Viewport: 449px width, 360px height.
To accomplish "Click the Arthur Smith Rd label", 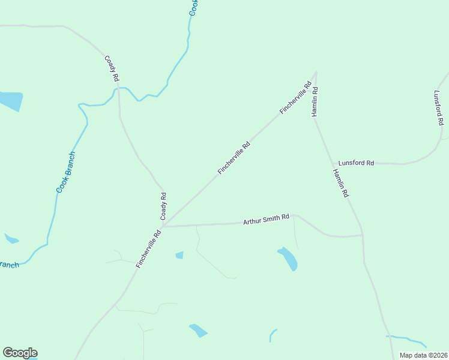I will [266, 220].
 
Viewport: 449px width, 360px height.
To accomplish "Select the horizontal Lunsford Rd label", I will [356, 163].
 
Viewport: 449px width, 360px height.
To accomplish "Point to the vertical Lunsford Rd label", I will [438, 108].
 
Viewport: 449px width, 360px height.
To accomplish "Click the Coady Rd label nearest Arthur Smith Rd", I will [163, 205].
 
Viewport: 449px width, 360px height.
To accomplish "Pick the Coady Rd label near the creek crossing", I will [112, 69].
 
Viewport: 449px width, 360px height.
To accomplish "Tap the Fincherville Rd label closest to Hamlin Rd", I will [297, 98].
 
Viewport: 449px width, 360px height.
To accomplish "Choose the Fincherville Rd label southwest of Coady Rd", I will [148, 248].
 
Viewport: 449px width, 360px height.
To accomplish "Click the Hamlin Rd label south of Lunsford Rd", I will [340, 184].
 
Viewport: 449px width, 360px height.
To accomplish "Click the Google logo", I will [20, 353].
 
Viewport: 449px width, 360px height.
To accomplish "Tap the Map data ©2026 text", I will [423, 355].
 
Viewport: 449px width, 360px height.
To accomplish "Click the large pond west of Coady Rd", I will [10, 101].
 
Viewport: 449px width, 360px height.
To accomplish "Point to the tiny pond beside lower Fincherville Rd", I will [179, 255].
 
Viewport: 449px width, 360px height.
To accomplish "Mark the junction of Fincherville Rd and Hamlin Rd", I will [316, 73].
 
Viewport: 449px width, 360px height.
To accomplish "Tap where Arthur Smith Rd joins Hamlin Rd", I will [362, 235].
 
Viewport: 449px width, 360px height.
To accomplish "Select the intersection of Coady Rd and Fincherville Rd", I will [163, 226].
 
